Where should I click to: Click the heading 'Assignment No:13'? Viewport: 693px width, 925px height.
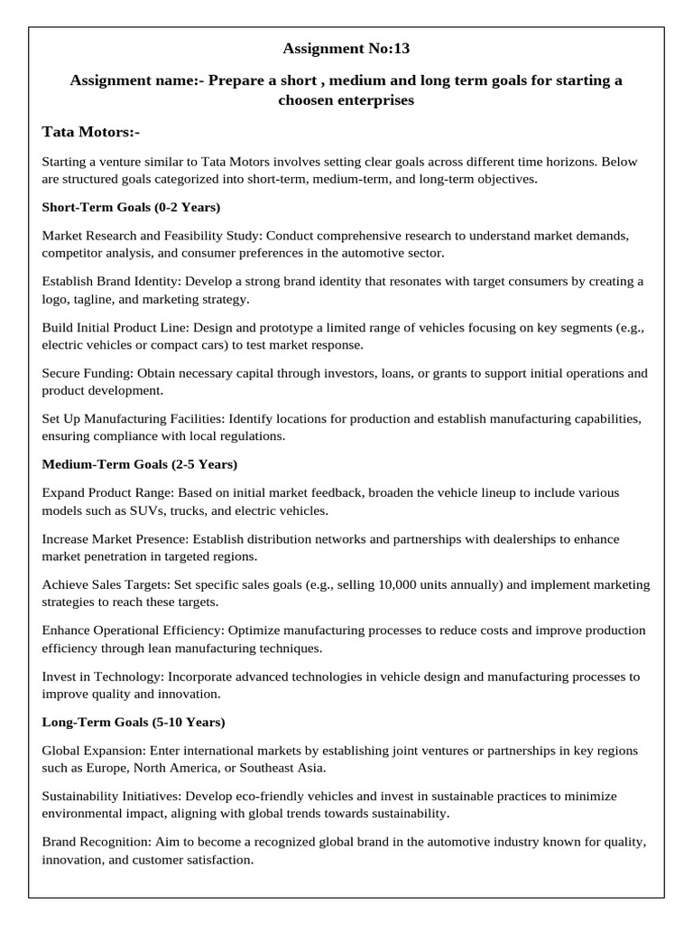coord(346,48)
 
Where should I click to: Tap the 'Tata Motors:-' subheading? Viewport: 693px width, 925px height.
coord(90,132)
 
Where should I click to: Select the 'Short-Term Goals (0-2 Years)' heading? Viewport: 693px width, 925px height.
coord(131,207)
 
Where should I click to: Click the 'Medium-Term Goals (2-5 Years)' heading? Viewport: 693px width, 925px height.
coord(140,464)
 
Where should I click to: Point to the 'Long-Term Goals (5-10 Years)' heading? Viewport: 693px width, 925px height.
coord(134,722)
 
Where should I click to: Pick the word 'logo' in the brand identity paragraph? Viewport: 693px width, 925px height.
coord(55,298)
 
